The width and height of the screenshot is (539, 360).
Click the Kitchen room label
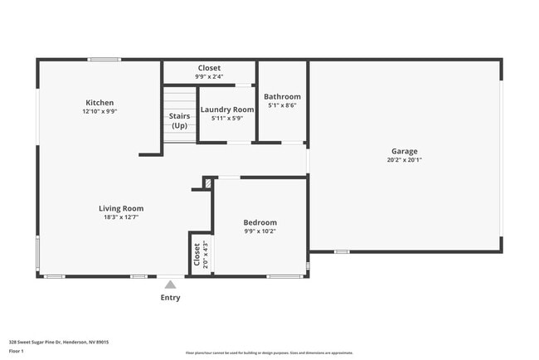(100, 103)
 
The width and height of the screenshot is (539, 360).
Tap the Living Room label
(122, 208)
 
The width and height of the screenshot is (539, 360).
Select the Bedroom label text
(260, 222)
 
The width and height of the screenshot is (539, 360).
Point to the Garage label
(405, 151)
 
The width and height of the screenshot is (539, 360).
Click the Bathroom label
(282, 97)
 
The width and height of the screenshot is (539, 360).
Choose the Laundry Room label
(226, 109)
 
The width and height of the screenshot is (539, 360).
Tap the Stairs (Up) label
(179, 121)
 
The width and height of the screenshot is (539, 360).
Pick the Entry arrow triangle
(170, 285)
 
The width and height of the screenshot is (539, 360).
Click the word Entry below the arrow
(170, 297)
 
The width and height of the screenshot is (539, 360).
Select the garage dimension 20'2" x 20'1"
(405, 159)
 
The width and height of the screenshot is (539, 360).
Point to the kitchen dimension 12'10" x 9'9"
(100, 111)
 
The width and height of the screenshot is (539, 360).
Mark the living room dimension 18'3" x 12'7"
(122, 217)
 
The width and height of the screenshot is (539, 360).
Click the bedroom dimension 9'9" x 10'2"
(260, 231)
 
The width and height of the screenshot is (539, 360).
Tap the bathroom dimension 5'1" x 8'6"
(282, 105)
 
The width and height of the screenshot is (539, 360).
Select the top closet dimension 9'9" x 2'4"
(209, 76)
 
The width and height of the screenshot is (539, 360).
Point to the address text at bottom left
(59, 342)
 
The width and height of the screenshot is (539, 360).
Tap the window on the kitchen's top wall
(105, 59)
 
